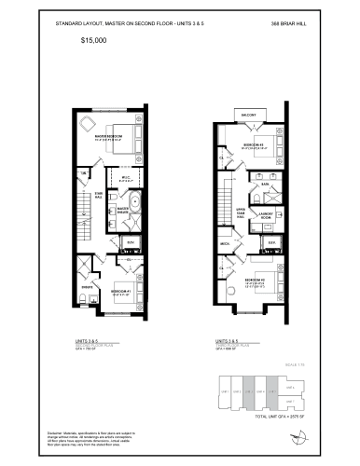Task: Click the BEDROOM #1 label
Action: point(119,290)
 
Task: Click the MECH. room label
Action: point(224,244)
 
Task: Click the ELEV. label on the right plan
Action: point(271,242)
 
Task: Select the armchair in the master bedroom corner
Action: point(87,123)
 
